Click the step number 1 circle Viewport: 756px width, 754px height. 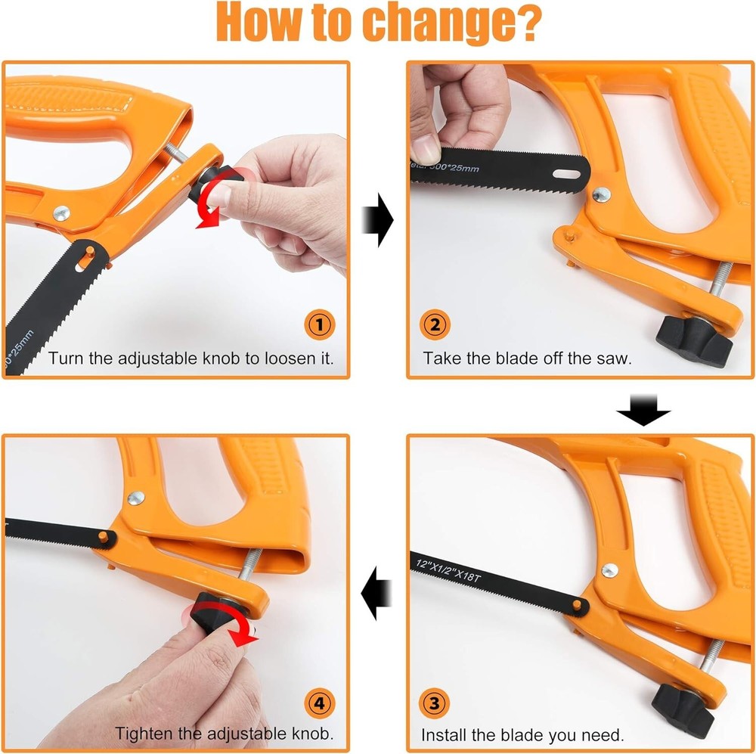tap(319, 326)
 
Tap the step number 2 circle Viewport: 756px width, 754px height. tap(434, 326)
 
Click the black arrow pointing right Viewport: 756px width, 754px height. tap(380, 219)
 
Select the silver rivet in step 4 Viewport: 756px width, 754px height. tap(136, 497)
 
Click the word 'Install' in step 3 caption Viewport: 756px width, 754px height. tap(444, 734)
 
